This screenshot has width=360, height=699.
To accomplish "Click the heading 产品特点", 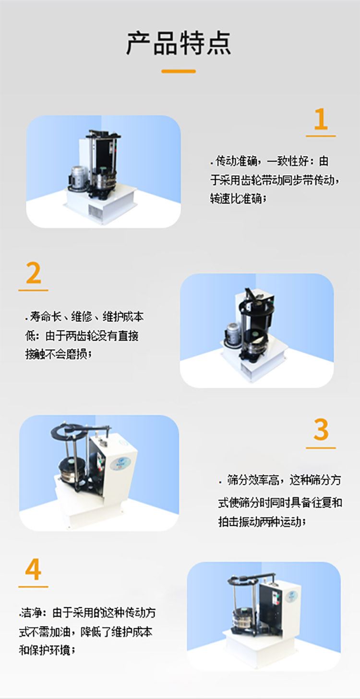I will coord(179,43).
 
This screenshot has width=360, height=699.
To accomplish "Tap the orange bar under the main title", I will coord(179,71).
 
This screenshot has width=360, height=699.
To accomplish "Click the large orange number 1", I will coord(320,120).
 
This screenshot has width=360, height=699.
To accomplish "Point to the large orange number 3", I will coord(321,430).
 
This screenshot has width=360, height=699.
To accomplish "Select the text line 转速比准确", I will coord(238,198).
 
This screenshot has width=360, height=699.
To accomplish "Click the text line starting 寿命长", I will coord(84,317).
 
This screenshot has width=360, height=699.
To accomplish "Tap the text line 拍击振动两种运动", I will coord(262,522).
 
